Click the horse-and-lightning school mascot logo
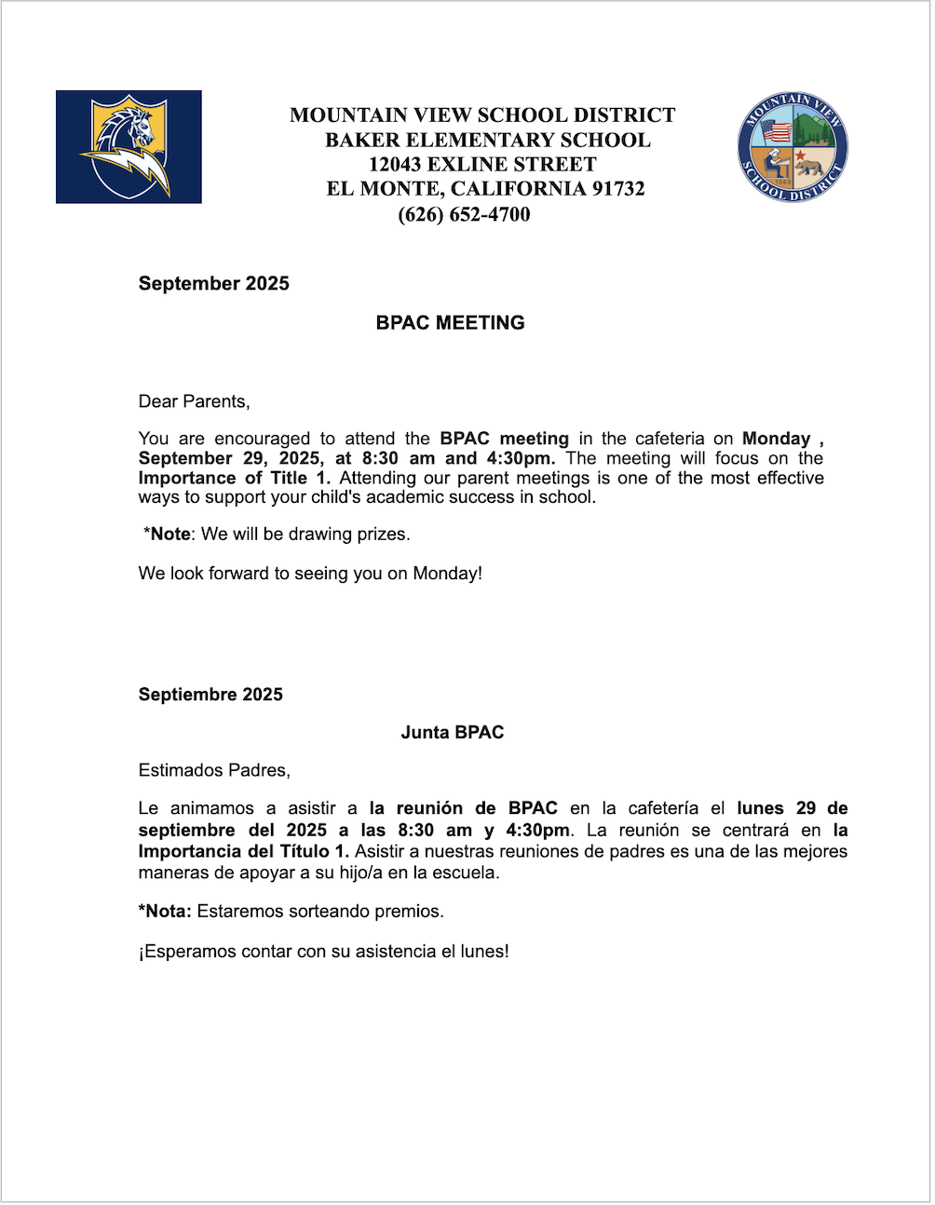(129, 147)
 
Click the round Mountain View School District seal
(793, 147)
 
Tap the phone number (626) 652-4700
(464, 215)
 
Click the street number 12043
(395, 165)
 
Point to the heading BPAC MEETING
(450, 323)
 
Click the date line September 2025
(213, 284)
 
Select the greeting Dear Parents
(194, 402)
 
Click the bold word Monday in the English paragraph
(776, 439)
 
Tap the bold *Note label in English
(168, 535)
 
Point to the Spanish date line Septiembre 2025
(210, 695)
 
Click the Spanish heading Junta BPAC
(452, 733)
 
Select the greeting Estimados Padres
(213, 771)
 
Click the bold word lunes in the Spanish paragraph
(760, 808)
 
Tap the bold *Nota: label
(165, 912)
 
